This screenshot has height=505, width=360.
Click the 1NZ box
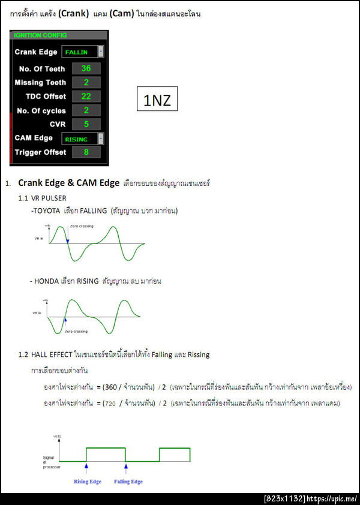click(157, 101)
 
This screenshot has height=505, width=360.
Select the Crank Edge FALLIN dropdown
click(83, 52)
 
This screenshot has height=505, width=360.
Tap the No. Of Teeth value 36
click(86, 68)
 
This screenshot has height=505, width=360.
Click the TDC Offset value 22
click(86, 97)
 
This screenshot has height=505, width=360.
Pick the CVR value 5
click(86, 124)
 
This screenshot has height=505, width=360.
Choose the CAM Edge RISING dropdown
click(83, 139)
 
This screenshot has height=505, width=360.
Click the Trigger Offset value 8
click(86, 152)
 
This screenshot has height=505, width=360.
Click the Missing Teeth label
click(40, 83)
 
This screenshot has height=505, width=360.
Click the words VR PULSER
click(50, 197)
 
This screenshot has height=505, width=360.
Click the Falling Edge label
click(128, 482)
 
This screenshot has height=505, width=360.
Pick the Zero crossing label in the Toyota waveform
click(82, 226)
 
